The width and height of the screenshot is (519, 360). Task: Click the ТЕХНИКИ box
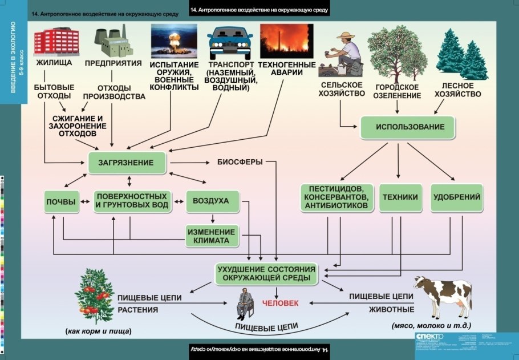point(400,197)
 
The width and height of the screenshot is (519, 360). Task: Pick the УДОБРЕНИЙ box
point(457,197)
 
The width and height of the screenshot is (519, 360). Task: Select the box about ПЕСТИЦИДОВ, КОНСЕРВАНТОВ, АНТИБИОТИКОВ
point(337,197)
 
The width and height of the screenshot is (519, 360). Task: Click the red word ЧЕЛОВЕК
point(279,303)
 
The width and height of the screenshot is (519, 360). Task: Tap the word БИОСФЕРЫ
point(240,162)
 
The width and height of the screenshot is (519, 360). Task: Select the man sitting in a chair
point(246,302)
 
